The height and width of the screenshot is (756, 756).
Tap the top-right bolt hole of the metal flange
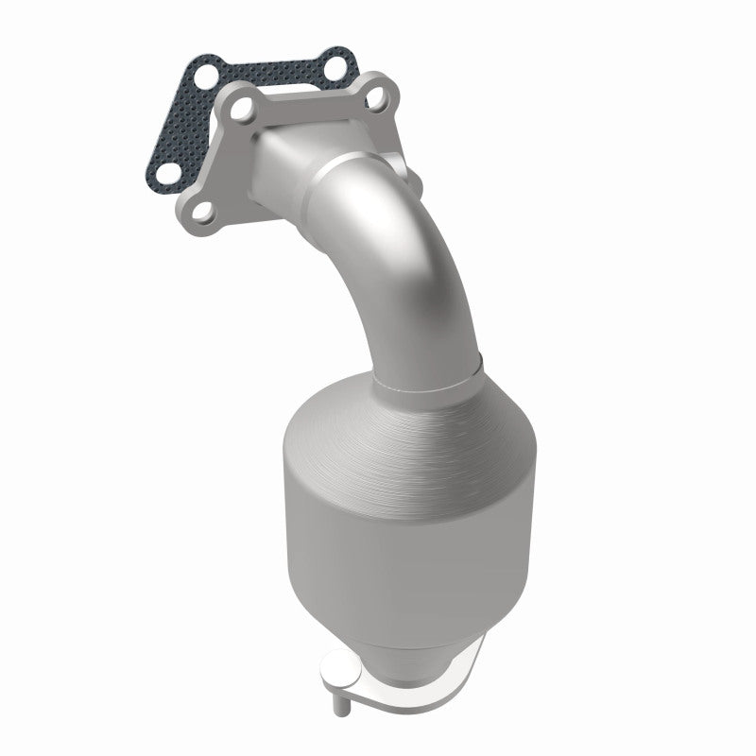coord(376,95)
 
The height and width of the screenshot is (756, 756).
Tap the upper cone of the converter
coord(416,416)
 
